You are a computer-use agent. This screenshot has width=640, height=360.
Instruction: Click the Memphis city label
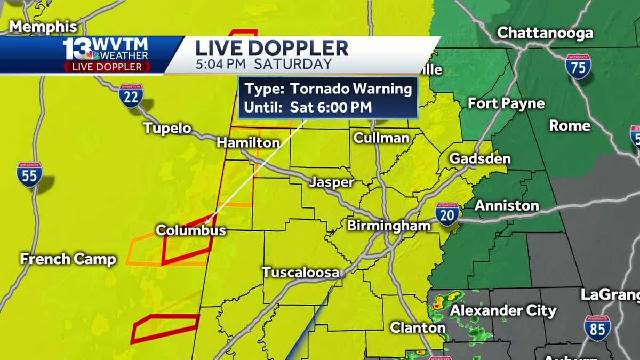pyautogui.click(x=44, y=27)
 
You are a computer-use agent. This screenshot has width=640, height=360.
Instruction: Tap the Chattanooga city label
pyautogui.click(x=545, y=33)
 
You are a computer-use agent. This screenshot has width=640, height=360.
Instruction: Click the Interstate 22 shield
pyautogui.click(x=131, y=95)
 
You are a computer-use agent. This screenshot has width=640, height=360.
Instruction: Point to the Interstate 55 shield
pyautogui.click(x=29, y=174)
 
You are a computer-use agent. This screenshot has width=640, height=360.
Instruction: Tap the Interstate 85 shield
pyautogui.click(x=597, y=328)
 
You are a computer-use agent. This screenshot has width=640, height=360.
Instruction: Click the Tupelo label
pyautogui.click(x=166, y=129)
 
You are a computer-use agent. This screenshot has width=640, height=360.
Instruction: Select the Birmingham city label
pyautogui.click(x=389, y=226)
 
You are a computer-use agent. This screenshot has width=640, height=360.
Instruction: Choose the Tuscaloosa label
pyautogui.click(x=300, y=273)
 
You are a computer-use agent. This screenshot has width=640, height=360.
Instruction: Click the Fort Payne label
pyautogui.click(x=506, y=103)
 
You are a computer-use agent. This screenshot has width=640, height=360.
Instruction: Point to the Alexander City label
pyautogui.click(x=503, y=310)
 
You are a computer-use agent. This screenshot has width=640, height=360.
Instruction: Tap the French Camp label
pyautogui.click(x=68, y=259)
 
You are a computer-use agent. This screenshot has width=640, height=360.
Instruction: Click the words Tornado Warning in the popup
pyautogui.click(x=351, y=89)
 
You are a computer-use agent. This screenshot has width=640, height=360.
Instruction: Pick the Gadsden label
pyautogui.click(x=479, y=159)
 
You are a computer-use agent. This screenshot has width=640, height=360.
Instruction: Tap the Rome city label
pyautogui.click(x=570, y=126)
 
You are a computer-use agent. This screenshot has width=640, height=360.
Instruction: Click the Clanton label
pyautogui.click(x=418, y=327)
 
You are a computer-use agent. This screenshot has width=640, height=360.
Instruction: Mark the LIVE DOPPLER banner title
pyautogui.click(x=271, y=48)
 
